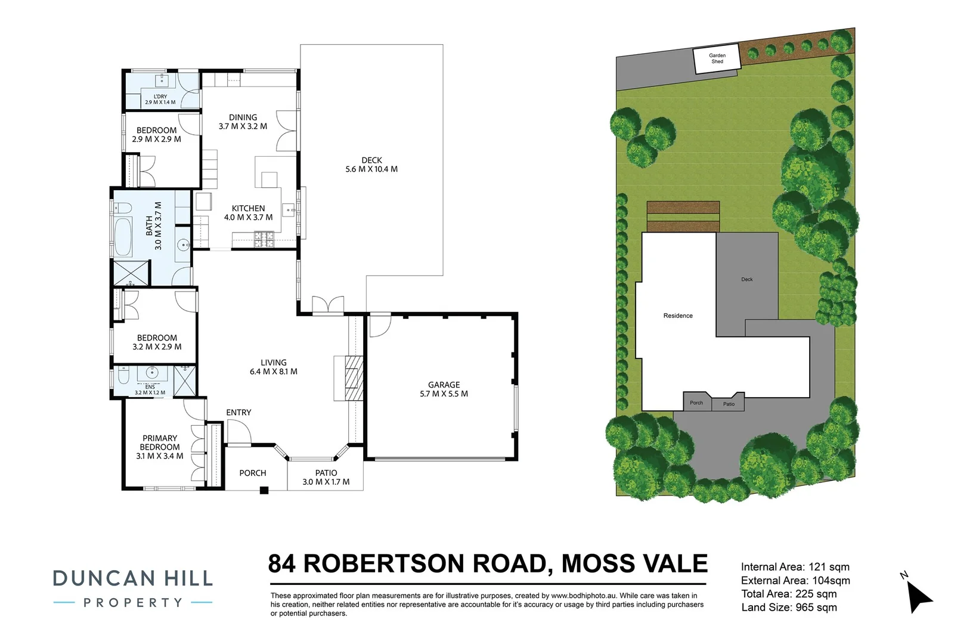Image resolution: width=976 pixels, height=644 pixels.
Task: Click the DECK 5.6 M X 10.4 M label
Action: click(371, 165)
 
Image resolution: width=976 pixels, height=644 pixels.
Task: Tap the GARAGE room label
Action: click(444, 389)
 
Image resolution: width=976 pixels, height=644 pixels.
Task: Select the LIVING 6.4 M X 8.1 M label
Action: click(273, 367)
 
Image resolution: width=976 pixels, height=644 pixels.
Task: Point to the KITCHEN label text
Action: click(248, 209)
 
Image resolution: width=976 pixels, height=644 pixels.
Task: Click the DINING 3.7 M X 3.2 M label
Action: click(243, 122)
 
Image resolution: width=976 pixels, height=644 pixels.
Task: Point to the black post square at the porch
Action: click(264, 490)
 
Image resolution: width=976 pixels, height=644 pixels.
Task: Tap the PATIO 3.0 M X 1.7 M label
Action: click(326, 477)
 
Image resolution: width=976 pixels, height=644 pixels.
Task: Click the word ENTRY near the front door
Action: click(238, 412)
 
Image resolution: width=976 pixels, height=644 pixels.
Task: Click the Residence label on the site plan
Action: click(678, 315)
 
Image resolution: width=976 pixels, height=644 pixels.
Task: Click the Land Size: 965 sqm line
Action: click(789, 608)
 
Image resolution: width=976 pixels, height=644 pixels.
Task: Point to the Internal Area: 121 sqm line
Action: click(795, 567)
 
